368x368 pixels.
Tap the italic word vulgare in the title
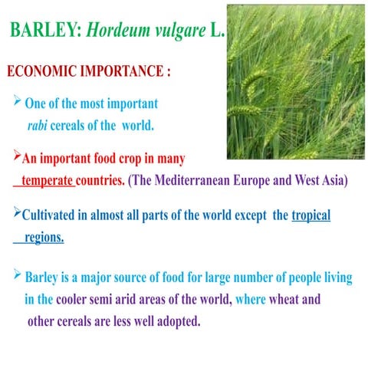[178, 31]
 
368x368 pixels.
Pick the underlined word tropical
[310, 215]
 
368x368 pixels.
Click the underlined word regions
[44, 238]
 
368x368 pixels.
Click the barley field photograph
[294, 80]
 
